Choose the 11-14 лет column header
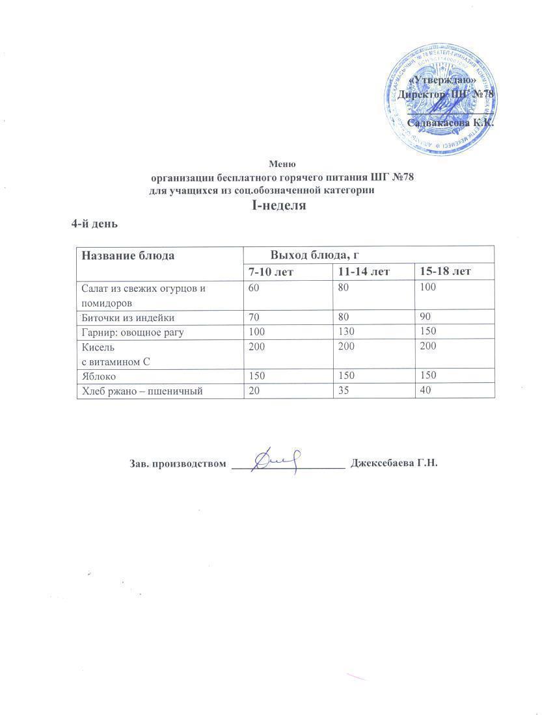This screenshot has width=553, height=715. click(x=364, y=271)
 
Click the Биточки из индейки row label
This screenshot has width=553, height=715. click(x=127, y=317)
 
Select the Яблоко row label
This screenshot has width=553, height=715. click(x=98, y=375)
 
